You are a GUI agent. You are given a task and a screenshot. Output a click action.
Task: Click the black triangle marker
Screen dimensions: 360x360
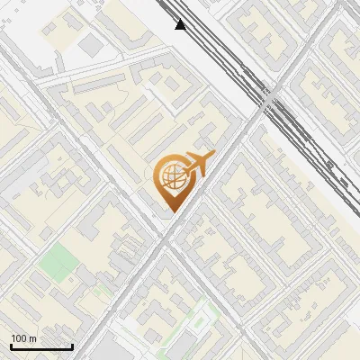(x=180, y=24)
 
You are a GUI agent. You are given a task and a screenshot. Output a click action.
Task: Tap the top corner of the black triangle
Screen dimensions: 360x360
(x=180, y=19)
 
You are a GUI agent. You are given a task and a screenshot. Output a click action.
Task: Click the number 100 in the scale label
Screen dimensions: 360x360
(x=20, y=338)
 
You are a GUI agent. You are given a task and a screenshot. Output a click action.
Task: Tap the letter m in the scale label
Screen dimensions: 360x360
(x=33, y=338)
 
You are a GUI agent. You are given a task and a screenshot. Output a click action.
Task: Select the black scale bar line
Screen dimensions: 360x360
(x=41, y=347)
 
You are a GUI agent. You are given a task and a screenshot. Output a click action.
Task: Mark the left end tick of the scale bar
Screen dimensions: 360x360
(x=11, y=346)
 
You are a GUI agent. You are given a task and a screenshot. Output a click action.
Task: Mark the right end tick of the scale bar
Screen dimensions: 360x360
(x=72, y=346)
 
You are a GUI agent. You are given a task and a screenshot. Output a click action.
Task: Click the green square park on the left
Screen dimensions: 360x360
(x=59, y=262)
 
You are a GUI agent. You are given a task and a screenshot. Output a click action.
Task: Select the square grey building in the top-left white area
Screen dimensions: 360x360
(x=90, y=44)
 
